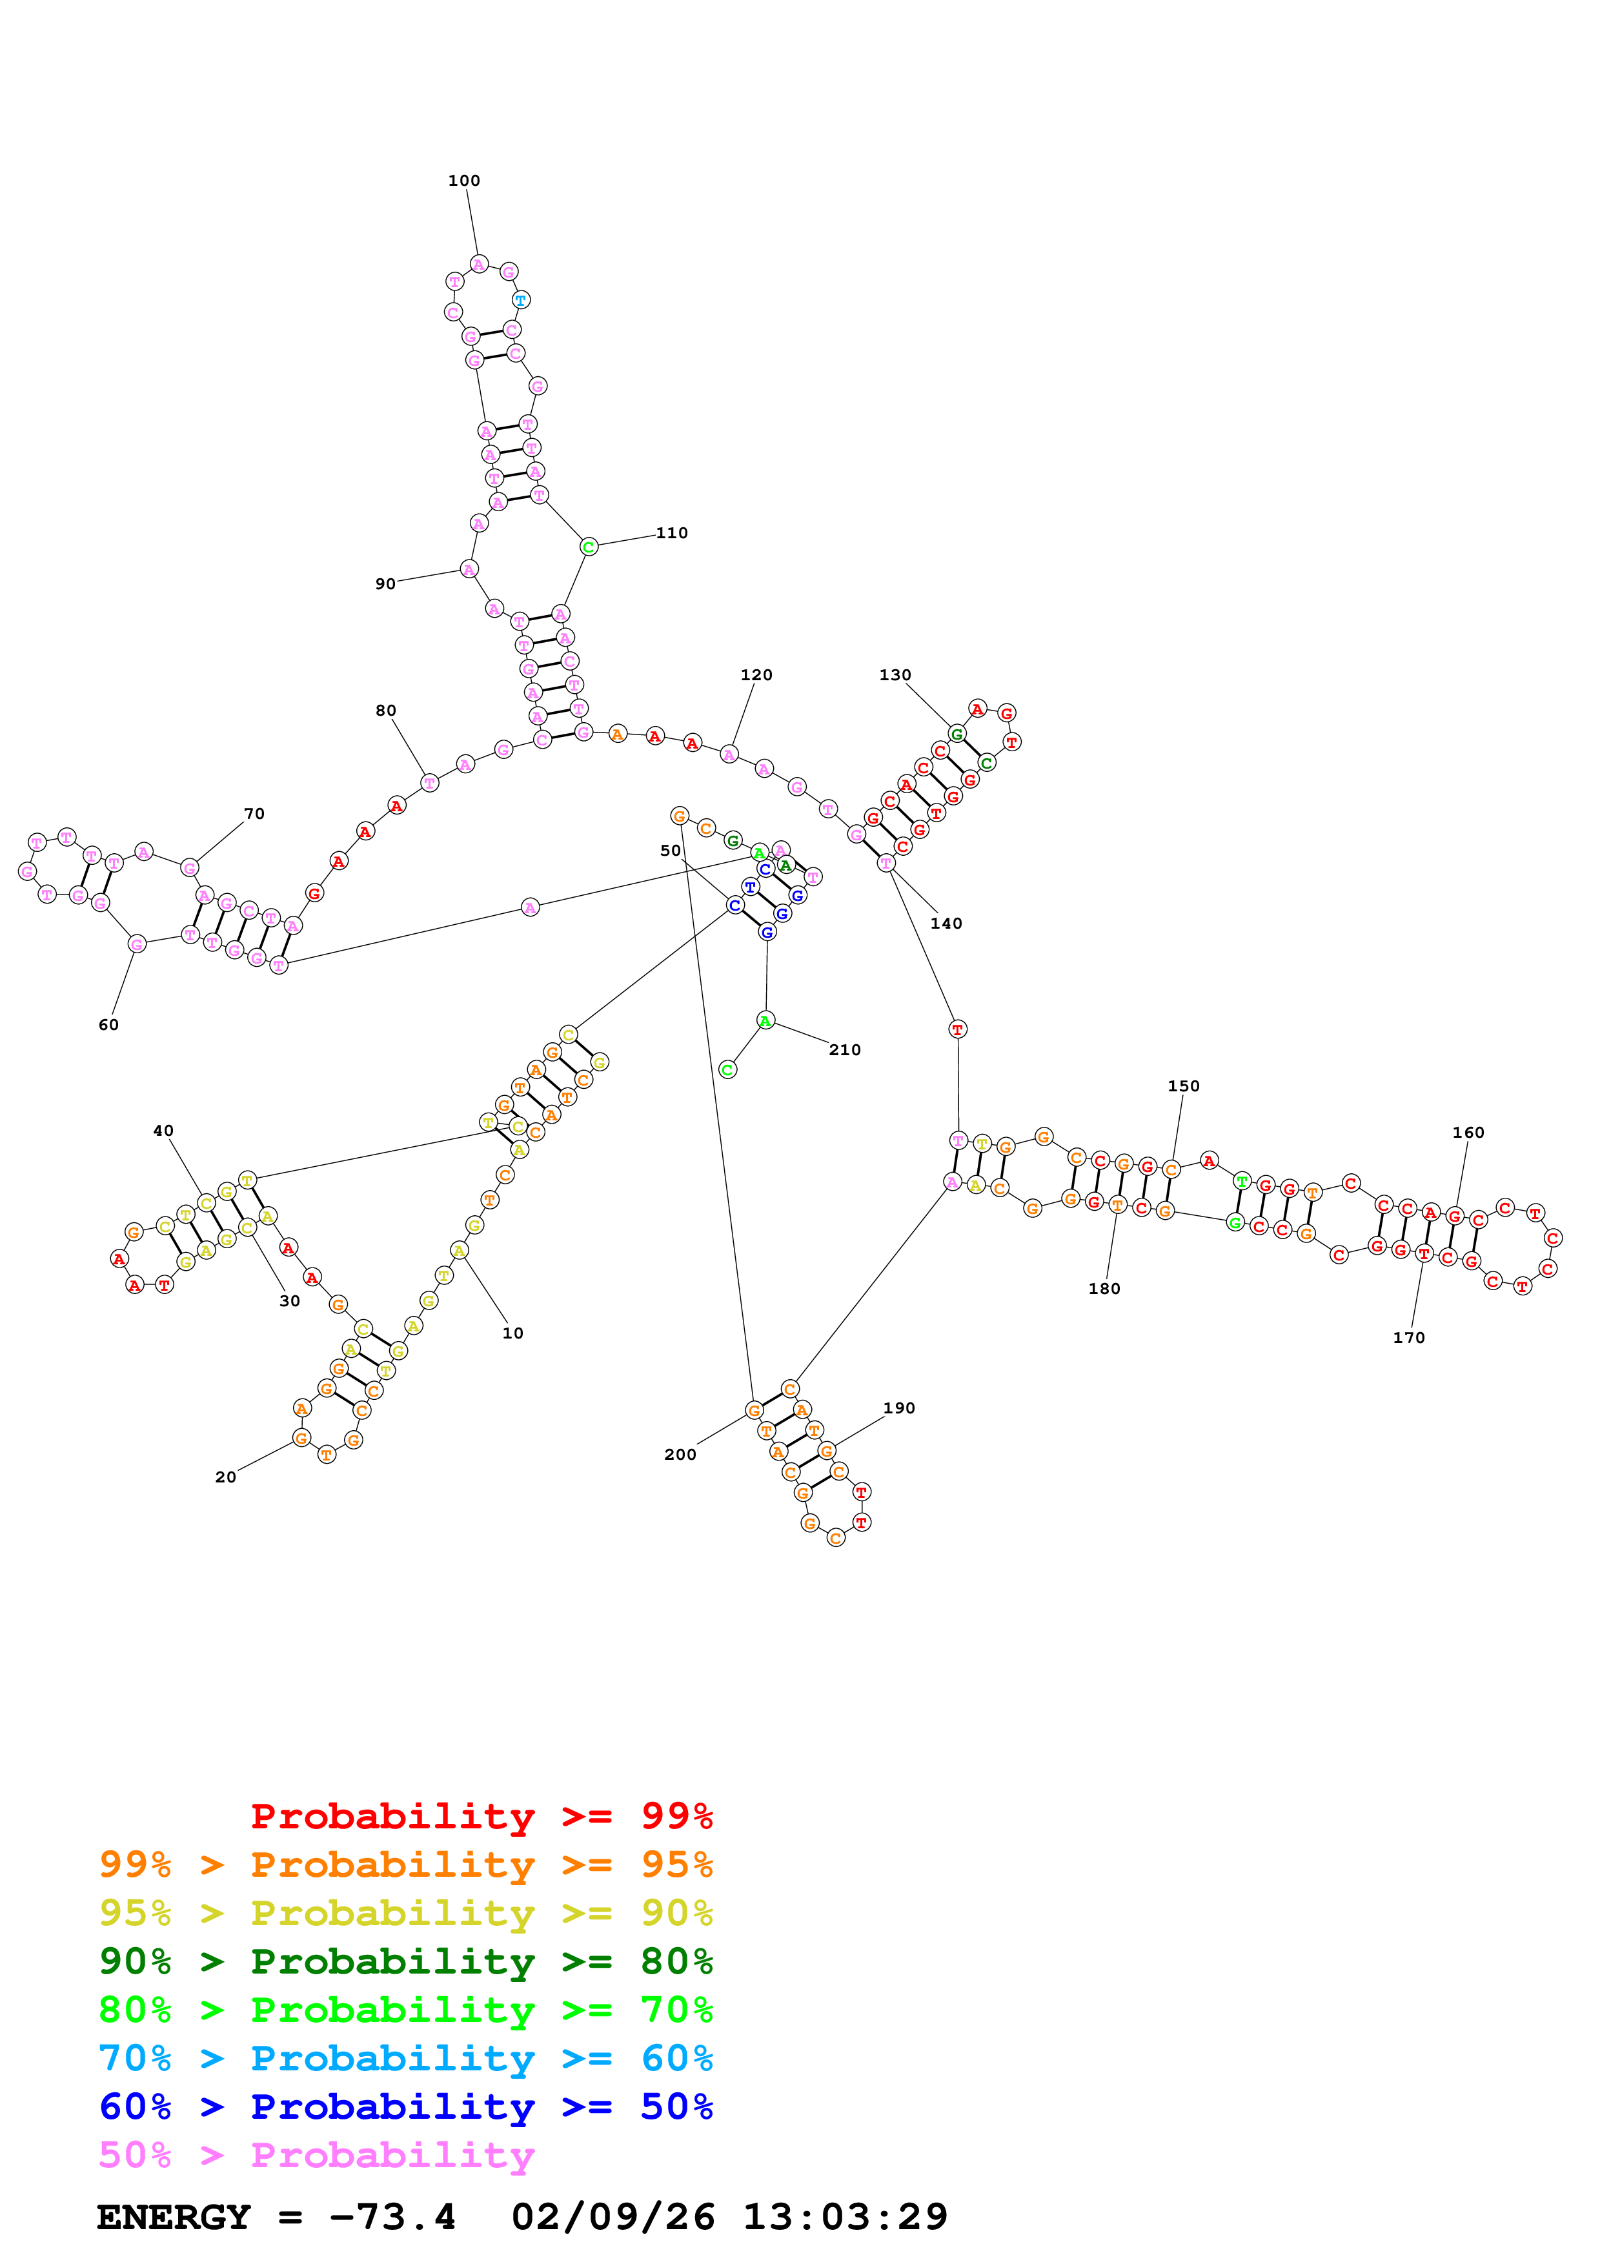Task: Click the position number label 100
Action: (x=463, y=181)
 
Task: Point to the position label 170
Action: (x=1409, y=1338)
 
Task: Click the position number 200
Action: (x=680, y=1455)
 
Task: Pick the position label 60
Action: (x=108, y=1024)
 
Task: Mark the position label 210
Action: (x=845, y=1050)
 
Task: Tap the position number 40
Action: (x=164, y=1131)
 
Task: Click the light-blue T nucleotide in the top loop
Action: (x=520, y=299)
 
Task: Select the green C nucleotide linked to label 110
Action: (x=589, y=547)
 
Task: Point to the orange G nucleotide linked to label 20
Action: (x=301, y=1439)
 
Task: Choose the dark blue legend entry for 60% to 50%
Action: (x=406, y=2107)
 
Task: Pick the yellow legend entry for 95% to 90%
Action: (x=406, y=1912)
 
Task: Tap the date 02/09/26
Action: (x=613, y=2217)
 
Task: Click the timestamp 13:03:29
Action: (x=845, y=2217)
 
